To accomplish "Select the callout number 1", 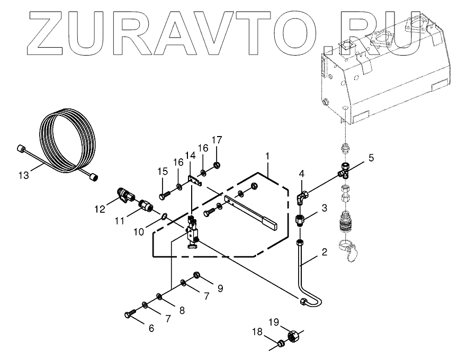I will [x=268, y=157].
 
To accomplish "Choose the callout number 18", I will [x=257, y=332].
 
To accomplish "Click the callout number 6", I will [x=151, y=328].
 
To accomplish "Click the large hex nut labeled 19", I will [x=293, y=336].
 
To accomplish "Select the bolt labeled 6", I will [x=129, y=316].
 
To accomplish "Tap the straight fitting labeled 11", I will [x=145, y=205].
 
